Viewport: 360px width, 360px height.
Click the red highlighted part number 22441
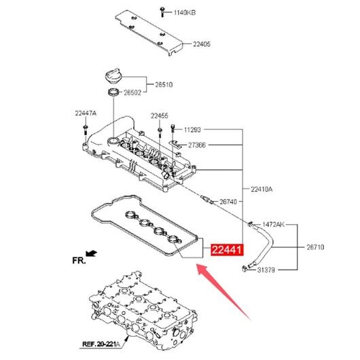coord(227,249)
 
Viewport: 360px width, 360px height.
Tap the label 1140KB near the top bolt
coord(185,12)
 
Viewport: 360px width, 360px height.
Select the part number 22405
coord(201,44)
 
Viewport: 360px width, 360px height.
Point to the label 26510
coord(164,85)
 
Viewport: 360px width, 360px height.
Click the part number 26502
coord(132,92)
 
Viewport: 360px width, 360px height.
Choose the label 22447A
coord(86,113)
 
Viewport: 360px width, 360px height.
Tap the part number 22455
coord(160,115)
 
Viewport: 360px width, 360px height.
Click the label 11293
coord(192,130)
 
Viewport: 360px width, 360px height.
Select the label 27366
coord(197,145)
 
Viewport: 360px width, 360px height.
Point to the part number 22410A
coord(262,190)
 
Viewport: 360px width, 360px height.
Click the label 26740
coord(228,202)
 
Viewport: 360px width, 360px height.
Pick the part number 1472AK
coord(273,224)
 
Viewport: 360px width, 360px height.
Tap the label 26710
coord(315,247)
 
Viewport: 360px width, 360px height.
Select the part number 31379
coord(266,270)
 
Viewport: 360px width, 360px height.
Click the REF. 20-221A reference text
coord(101,344)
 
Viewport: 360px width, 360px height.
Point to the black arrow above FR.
coord(91,253)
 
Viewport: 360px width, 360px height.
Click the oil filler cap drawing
coord(113,76)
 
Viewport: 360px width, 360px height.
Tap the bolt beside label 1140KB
coord(162,12)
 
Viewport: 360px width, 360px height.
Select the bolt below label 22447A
coord(85,130)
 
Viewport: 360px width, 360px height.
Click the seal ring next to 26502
coord(114,92)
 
